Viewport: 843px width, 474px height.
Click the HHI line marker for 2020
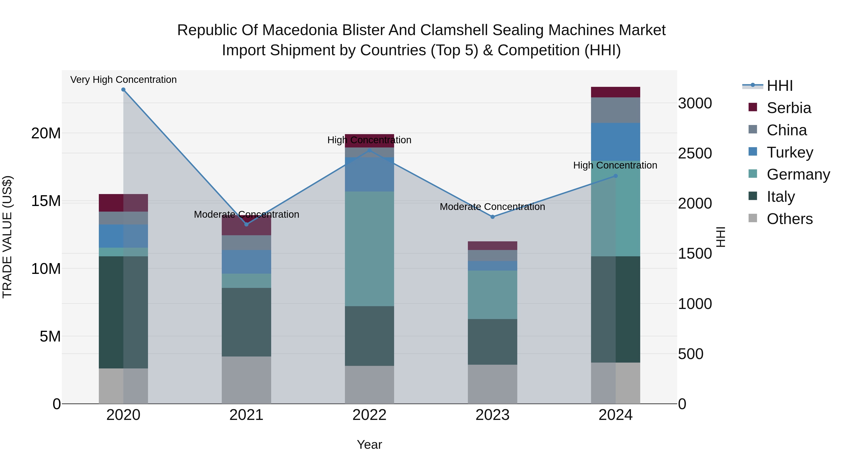tap(123, 90)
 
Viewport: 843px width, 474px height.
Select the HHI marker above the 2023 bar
tap(492, 217)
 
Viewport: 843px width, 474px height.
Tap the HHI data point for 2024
tap(616, 176)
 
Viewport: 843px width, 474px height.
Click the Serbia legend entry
tap(789, 108)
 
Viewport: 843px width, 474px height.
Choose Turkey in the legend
tap(790, 152)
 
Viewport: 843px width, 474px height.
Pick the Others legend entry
tap(789, 219)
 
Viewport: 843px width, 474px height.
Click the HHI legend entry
tap(780, 86)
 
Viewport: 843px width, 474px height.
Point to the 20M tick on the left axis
tap(46, 133)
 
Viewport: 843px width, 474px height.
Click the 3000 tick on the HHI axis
tap(695, 103)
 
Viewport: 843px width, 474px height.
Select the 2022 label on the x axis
tap(370, 415)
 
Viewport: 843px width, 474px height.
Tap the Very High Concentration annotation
tap(123, 80)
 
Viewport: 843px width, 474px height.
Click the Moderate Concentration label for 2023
tap(492, 207)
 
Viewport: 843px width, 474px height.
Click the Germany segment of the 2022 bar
tap(370, 249)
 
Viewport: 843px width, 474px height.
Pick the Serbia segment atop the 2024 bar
tap(616, 92)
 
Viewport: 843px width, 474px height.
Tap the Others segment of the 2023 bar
tap(492, 384)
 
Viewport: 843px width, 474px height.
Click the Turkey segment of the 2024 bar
tap(616, 142)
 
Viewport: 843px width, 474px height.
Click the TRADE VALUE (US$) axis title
tap(7, 237)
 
